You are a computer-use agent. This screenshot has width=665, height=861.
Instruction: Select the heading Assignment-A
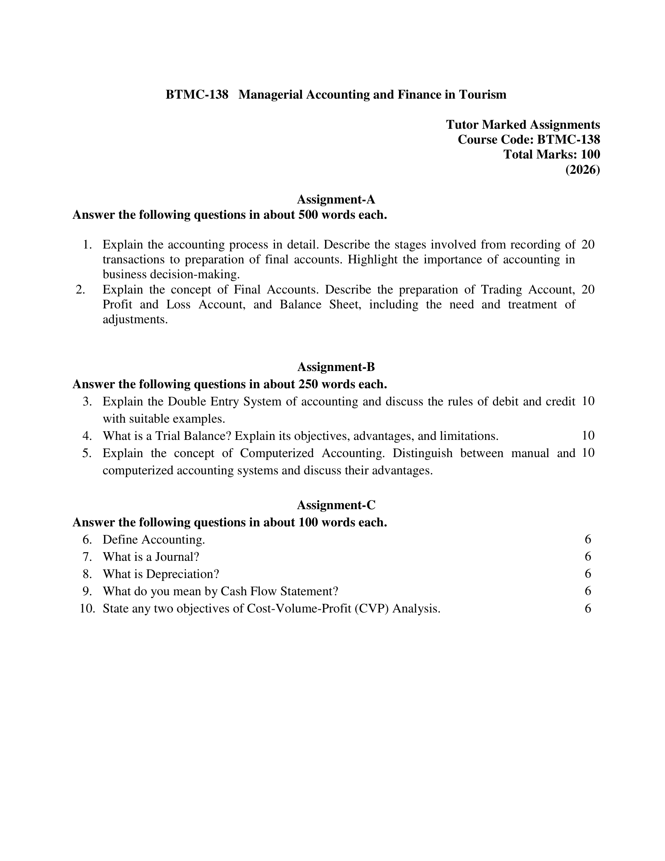pyautogui.click(x=336, y=200)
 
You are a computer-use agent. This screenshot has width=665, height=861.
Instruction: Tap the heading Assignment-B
pyautogui.click(x=336, y=367)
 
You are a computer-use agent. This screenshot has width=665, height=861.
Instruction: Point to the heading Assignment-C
pyautogui.click(x=336, y=504)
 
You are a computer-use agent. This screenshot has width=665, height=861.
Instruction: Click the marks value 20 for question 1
pyautogui.click(x=588, y=245)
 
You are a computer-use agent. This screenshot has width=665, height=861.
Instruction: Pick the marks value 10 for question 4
pyautogui.click(x=588, y=436)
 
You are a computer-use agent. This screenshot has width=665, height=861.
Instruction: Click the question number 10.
pyautogui.click(x=88, y=608)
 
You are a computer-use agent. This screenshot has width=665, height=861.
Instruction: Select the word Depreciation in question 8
pyautogui.click(x=182, y=574)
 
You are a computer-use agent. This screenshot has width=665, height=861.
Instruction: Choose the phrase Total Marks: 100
pyautogui.click(x=552, y=154)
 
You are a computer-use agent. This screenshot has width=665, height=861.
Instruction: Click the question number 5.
pyautogui.click(x=87, y=453)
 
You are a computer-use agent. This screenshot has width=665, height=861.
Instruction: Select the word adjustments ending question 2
pyautogui.click(x=135, y=319)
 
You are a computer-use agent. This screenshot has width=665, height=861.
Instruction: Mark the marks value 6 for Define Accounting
pyautogui.click(x=588, y=539)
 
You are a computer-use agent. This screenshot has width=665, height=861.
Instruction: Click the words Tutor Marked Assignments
pyautogui.click(x=523, y=124)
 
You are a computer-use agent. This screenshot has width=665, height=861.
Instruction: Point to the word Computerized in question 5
pyautogui.click(x=277, y=453)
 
